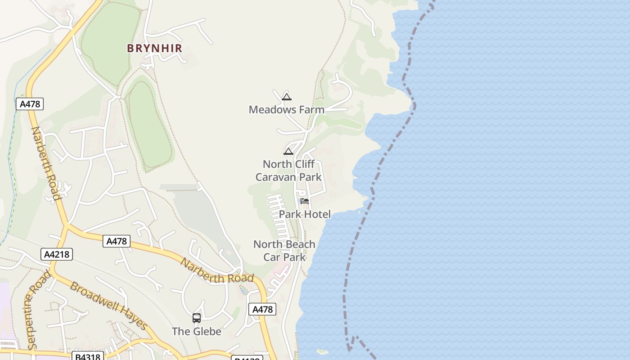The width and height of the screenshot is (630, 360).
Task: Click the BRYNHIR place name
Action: [x=154, y=48]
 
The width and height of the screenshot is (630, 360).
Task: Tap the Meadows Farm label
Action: [x=286, y=109]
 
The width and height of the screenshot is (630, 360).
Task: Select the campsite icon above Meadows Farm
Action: [x=287, y=97]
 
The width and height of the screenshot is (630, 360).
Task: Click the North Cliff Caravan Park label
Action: [x=288, y=171]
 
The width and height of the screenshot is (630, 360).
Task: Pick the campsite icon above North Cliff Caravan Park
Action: [x=288, y=151]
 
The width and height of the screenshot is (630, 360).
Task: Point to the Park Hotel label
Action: [x=305, y=214]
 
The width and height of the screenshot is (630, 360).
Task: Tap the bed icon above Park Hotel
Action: [x=305, y=201]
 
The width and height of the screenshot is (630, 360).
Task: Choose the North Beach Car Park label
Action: [x=284, y=251]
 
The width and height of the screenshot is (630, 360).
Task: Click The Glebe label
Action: [x=197, y=331]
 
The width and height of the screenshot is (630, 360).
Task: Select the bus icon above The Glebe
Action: [x=197, y=318]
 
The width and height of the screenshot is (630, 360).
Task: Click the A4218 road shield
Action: [x=57, y=254]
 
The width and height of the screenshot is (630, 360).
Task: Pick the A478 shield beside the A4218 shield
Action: [x=117, y=241]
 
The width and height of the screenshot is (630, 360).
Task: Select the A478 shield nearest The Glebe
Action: [x=262, y=309]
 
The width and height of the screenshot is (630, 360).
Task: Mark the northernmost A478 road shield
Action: [x=30, y=104]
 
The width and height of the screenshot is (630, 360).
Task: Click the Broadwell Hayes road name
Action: [x=108, y=306]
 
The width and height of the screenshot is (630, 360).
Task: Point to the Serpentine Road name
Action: [x=38, y=310]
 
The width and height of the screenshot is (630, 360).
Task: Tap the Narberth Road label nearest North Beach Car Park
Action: [x=217, y=271]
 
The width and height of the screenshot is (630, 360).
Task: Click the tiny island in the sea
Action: [x=323, y=351]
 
